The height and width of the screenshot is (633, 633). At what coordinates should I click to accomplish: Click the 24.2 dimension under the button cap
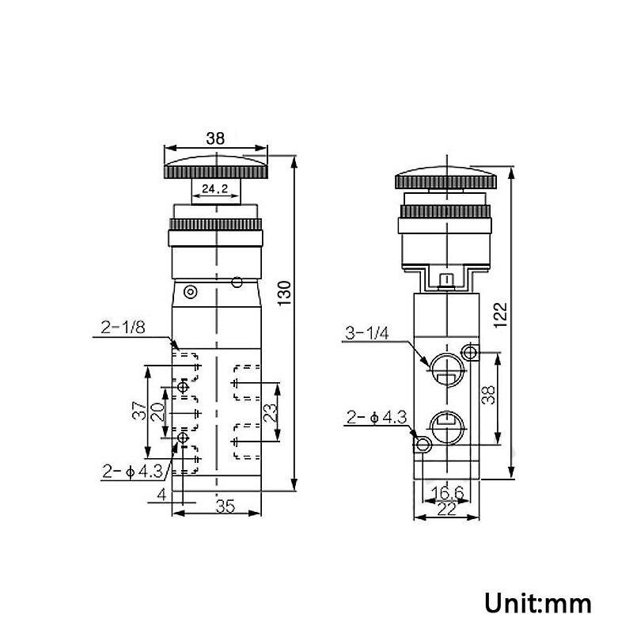point(214,189)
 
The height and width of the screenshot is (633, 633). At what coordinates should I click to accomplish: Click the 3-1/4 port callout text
point(366,332)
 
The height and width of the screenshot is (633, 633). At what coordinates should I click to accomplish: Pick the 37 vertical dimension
point(137,411)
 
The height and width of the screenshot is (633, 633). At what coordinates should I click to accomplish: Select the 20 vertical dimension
point(156,412)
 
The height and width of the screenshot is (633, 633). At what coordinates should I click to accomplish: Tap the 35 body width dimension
point(226,508)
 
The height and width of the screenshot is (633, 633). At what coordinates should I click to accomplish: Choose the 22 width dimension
point(447,510)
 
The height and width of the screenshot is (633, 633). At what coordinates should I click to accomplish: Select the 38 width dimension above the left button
point(215,138)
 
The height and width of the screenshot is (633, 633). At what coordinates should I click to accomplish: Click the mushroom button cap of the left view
point(215,167)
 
